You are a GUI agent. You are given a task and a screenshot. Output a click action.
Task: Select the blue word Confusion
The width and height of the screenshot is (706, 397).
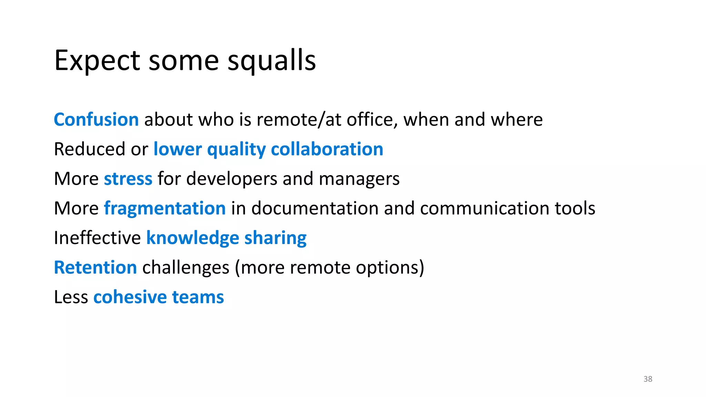[96, 120]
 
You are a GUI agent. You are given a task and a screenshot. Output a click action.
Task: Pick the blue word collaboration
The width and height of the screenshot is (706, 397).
[327, 150]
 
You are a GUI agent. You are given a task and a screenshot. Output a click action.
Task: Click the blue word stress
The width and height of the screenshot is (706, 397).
[128, 179]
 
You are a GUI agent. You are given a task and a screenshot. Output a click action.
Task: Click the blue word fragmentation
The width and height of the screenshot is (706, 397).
[165, 209]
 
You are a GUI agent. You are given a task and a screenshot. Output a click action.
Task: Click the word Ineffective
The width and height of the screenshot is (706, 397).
[97, 238]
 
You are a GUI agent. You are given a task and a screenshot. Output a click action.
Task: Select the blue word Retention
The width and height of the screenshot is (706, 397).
[95, 268]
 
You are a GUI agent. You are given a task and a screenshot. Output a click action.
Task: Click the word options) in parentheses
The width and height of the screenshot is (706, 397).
[390, 268]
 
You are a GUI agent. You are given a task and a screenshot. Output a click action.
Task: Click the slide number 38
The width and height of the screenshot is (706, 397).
[648, 379]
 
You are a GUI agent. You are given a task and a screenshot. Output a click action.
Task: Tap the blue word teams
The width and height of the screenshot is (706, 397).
[198, 297]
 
